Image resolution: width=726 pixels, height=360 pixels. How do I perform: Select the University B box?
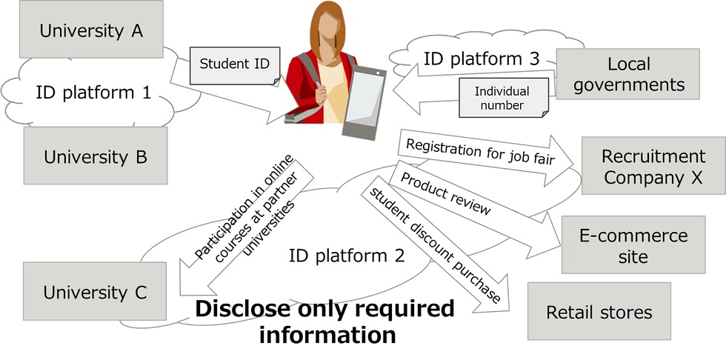(96, 156)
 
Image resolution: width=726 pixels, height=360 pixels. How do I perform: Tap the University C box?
(95, 292)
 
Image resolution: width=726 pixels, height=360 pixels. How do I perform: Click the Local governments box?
(627, 74)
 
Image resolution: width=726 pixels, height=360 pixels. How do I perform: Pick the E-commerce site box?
(633, 246)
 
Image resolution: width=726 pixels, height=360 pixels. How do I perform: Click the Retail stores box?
(599, 312)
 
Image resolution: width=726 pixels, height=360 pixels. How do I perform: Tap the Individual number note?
(502, 99)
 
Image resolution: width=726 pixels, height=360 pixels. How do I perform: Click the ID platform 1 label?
(93, 93)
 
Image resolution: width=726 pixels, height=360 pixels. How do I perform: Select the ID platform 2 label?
(347, 256)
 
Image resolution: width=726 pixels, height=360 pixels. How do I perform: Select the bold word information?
(327, 335)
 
